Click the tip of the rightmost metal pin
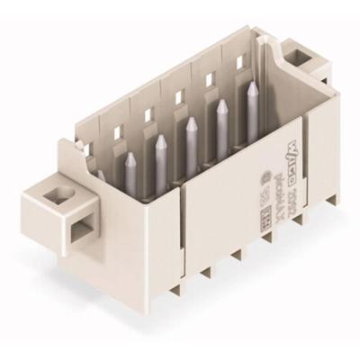click(252, 86)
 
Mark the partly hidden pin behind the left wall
click(101, 177)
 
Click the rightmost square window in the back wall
click(239, 63)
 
